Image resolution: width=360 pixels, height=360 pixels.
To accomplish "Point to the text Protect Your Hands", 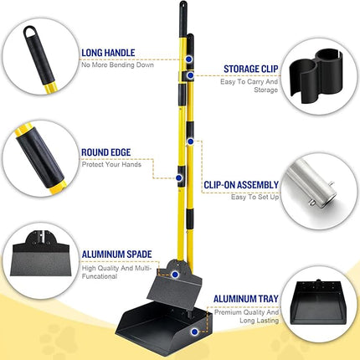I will point(111,164).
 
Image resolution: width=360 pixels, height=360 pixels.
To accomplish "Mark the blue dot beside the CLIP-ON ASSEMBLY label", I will point(179,178).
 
